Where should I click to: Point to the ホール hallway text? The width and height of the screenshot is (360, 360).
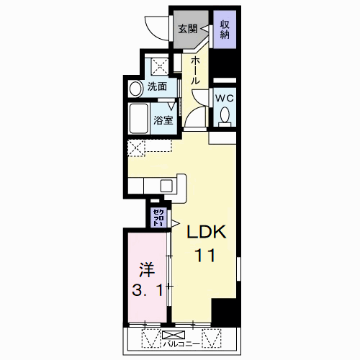coord(196,72)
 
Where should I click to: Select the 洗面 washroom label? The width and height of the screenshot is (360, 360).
coord(158,87)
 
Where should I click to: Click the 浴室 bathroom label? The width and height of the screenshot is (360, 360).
coord(162,120)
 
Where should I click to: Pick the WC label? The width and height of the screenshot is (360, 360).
coord(224,98)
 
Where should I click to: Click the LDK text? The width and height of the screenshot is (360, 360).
coord(207,233)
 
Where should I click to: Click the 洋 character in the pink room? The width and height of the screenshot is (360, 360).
coord(147,271)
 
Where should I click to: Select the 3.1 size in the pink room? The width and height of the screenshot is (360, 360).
coord(147,292)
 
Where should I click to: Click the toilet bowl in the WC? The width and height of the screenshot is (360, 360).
coord(225,115)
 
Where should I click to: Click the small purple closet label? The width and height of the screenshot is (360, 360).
coord(157,217)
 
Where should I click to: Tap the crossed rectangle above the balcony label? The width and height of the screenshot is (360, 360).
coord(171,335)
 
